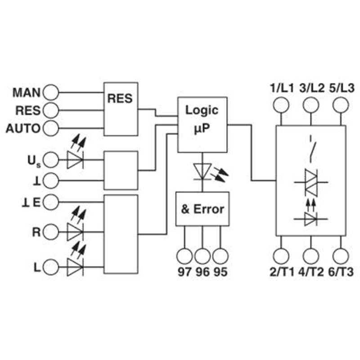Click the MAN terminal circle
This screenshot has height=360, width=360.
tap(51, 92)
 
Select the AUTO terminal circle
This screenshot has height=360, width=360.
tap(51, 128)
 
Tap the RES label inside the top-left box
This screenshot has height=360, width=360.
tap(120, 99)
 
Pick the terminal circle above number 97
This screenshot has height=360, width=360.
tap(184, 256)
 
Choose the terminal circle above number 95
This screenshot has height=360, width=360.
tap(220, 256)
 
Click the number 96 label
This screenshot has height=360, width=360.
tap(202, 272)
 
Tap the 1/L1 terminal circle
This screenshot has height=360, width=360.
tap(281, 105)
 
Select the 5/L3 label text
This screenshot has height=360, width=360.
tap(342, 88)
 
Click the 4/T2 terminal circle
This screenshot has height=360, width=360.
tap(311, 256)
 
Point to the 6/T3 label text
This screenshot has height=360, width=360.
tap(341, 272)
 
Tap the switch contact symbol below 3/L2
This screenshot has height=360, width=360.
tap(312, 149)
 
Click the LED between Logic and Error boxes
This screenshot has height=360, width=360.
tap(210, 172)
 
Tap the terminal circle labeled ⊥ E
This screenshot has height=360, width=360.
tap(51, 202)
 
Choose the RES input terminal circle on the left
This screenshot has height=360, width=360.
tap(51, 110)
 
